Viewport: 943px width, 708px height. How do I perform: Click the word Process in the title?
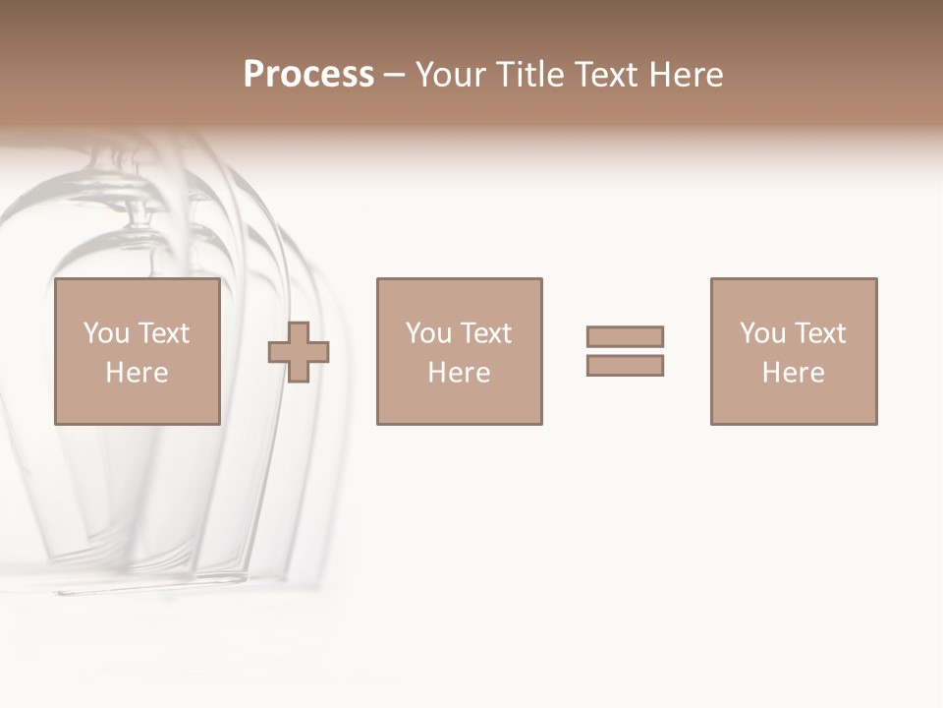308,75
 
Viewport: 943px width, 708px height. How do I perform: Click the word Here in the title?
688,75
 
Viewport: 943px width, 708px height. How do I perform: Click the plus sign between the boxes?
299,352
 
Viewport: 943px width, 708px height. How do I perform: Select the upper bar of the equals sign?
625,336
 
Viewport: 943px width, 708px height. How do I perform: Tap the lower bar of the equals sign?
625,365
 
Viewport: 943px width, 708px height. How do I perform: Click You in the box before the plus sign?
106,333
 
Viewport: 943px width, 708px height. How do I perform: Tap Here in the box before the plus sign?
137,373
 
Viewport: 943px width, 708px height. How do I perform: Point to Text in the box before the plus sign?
162,333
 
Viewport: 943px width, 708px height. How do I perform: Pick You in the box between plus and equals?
428,333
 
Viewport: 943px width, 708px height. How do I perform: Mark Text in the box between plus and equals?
484,333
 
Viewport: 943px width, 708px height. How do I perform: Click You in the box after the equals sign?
762,333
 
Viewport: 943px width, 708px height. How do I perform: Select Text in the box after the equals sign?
818,333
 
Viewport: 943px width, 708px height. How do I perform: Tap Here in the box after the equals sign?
793,373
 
